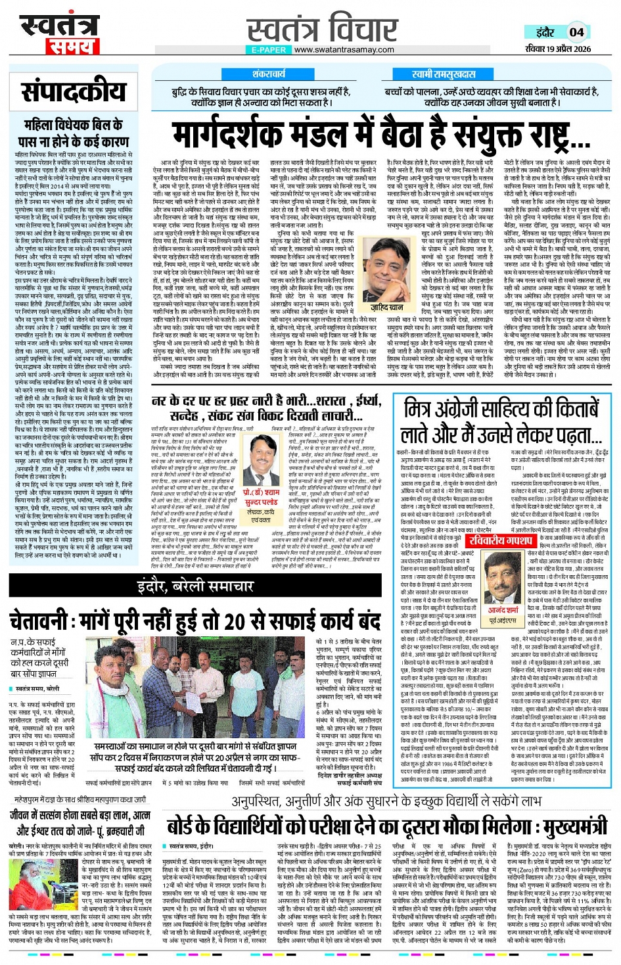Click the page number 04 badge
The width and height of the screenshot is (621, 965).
coord(576,32)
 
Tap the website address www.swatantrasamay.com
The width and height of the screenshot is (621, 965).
coord(344,49)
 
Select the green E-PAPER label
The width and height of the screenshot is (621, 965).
coord(268,49)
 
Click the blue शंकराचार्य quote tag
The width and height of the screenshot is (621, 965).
coord(268,74)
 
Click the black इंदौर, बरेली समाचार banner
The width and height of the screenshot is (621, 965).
coord(196,585)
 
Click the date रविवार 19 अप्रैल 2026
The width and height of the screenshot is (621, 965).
coord(558,49)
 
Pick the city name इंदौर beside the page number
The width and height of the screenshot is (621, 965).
coord(545,32)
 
